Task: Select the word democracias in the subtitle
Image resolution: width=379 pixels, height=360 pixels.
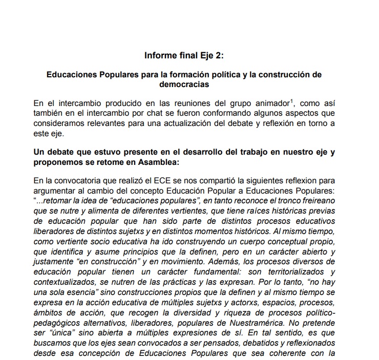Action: point(184,83)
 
